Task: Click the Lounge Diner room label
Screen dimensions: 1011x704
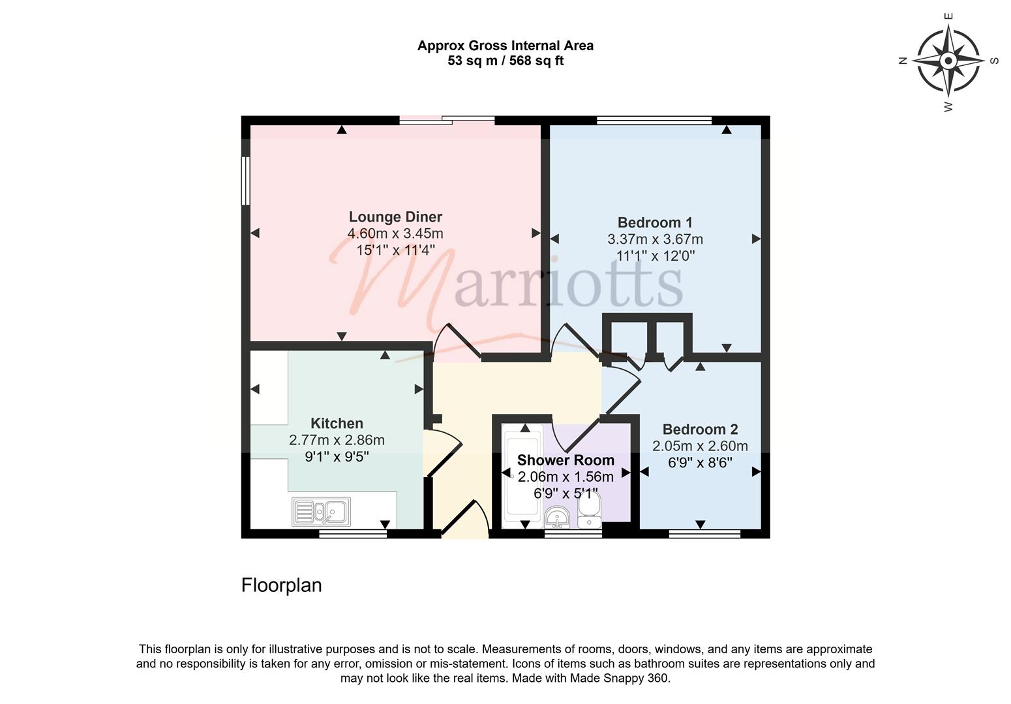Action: click(395, 217)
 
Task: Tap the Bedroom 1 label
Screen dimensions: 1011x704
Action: click(655, 223)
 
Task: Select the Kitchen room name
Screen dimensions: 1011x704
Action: click(337, 424)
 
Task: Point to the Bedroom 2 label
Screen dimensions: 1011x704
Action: click(700, 430)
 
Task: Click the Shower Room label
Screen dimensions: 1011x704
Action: click(566, 460)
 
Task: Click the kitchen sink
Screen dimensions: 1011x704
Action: click(322, 512)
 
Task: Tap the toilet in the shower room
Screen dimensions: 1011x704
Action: click(590, 510)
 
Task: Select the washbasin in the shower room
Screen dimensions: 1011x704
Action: click(558, 518)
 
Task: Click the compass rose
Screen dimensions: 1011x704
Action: click(948, 61)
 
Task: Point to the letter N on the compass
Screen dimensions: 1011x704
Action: click(903, 61)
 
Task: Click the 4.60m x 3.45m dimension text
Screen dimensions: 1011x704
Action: click(395, 233)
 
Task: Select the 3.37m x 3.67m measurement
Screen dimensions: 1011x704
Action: click(655, 239)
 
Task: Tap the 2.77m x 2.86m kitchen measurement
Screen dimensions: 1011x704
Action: click(337, 440)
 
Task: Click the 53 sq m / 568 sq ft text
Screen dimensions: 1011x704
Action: click(505, 61)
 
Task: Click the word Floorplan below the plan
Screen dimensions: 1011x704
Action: click(282, 585)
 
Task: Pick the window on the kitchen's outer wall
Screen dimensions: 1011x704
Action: click(353, 535)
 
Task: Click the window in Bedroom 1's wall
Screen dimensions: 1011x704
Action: click(654, 121)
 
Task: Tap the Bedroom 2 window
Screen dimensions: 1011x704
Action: click(704, 535)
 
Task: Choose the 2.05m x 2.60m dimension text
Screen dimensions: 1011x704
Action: click(700, 446)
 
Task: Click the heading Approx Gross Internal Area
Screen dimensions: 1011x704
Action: click(505, 46)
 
